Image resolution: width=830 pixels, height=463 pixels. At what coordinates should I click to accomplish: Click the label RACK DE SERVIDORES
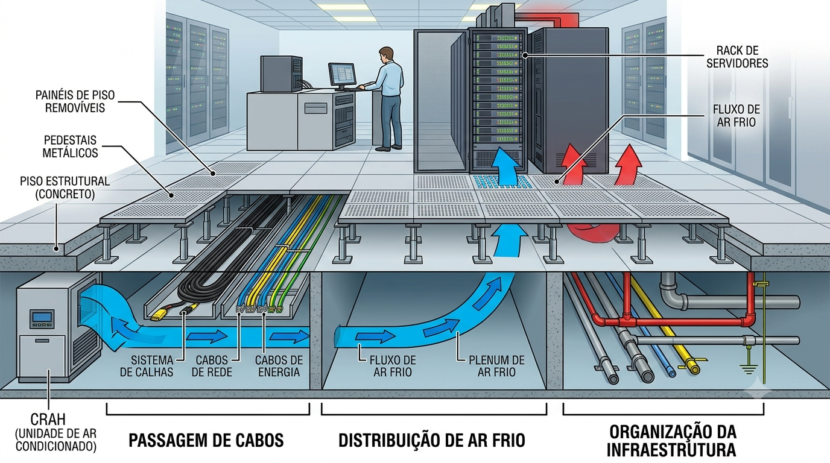point(737,57)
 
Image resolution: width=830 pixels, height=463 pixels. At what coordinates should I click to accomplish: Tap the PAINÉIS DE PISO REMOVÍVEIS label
point(75,101)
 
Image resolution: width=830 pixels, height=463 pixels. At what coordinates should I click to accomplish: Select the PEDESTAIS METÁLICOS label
point(70,146)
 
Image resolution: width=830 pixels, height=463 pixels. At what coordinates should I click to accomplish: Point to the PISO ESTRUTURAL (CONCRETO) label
point(65,187)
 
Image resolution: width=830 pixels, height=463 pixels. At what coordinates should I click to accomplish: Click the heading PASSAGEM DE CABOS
point(206,440)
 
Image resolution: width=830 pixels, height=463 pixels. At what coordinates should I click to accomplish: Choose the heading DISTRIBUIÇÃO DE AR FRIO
point(432,440)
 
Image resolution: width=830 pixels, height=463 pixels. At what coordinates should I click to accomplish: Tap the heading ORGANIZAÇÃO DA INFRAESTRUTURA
point(671,441)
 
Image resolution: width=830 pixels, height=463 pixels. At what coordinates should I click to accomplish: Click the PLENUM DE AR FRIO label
point(496,366)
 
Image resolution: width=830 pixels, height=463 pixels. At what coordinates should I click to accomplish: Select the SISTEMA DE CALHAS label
point(147,366)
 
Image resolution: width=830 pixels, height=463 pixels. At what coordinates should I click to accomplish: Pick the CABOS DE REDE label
point(212,366)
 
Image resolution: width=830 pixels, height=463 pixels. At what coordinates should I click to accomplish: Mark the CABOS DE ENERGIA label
point(279,366)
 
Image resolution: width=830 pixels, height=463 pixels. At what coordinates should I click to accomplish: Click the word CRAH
point(48,420)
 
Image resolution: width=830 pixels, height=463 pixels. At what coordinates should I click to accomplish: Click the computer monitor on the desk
point(341,75)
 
